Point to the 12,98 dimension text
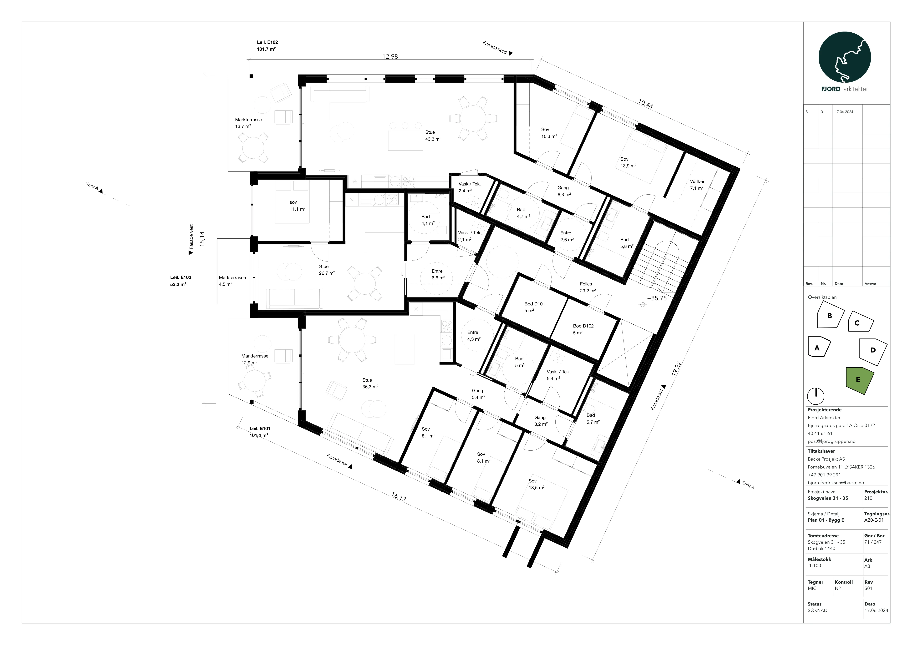(x=390, y=56)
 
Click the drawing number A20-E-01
(x=874, y=520)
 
